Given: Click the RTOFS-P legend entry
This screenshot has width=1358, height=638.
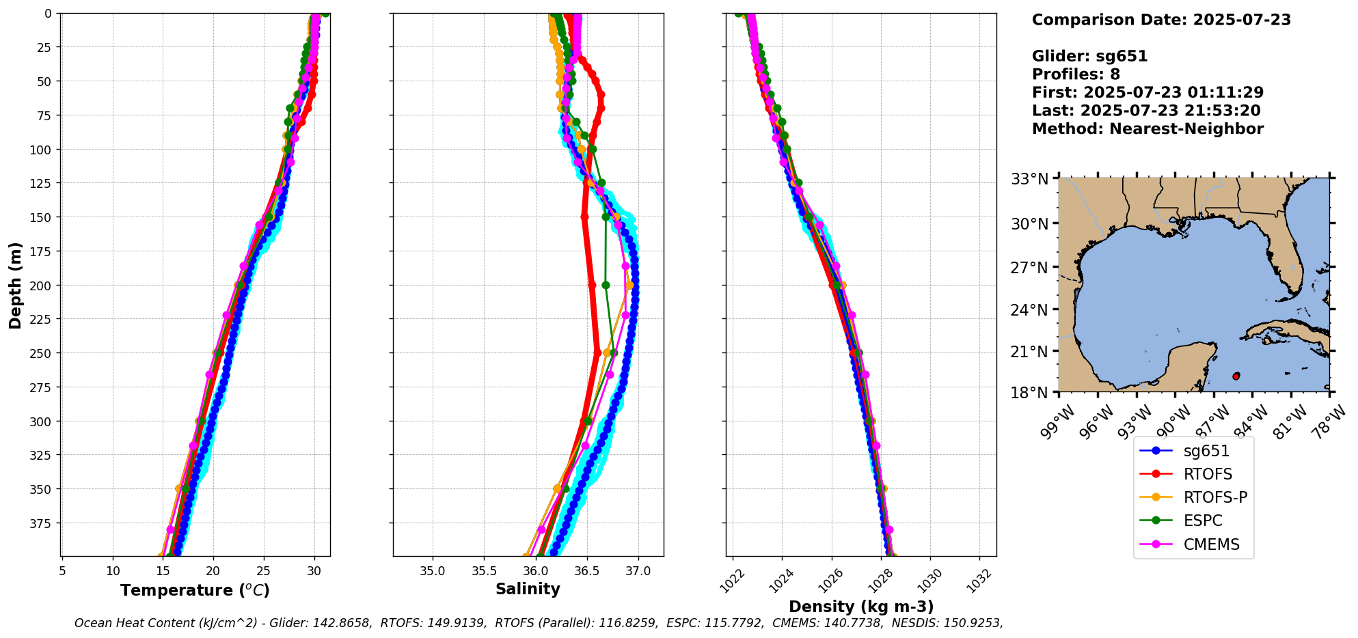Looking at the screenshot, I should pos(1214,497).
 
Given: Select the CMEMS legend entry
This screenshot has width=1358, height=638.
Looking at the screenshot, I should pos(1211,544).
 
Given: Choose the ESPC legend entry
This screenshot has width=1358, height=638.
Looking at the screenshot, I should pos(1202,521).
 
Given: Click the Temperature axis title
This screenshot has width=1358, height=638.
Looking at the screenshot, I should pos(195,590).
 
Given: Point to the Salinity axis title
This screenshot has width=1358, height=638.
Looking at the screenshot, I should pos(528,590).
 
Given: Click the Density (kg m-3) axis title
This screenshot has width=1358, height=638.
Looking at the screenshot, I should pos(861,607).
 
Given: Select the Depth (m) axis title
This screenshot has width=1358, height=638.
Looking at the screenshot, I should pos(16,285).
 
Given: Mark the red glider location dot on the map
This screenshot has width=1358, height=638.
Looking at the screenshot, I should pos(1236,376).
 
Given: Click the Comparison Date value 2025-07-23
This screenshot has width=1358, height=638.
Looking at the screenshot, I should pos(1242,20).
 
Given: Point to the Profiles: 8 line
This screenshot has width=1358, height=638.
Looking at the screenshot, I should pos(1076,74).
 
